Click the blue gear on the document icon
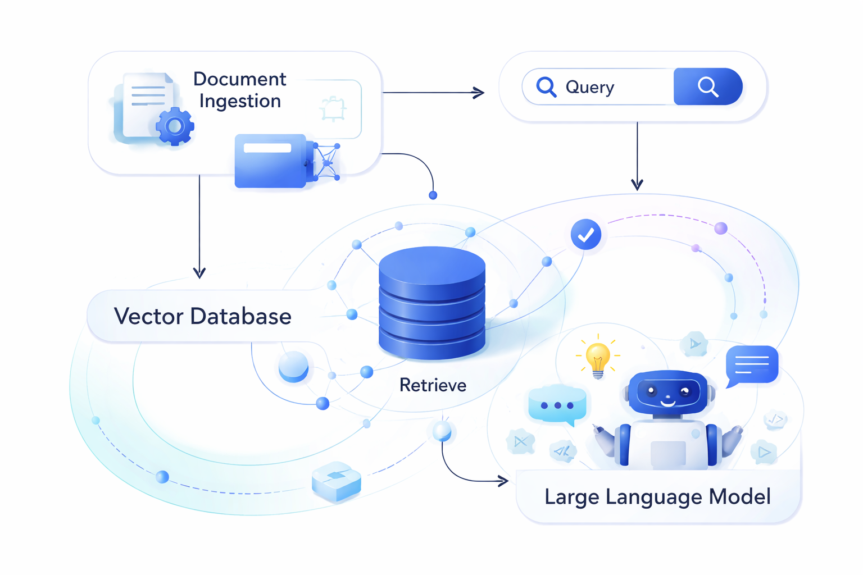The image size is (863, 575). pos(175,127)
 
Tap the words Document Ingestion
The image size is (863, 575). pos(240,90)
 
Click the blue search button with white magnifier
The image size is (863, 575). pos(707,87)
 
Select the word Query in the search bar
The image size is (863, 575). pos(589,88)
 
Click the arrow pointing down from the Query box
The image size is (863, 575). pos(637,157)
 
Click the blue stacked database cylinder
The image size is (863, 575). pos(431,303)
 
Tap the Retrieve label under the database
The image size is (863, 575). pos(433,385)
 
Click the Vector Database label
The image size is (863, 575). pos(202,316)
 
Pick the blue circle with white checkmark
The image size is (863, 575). pos(585,235)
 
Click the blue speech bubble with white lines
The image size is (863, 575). pos(751,365)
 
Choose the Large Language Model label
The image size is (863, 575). pos(657,497)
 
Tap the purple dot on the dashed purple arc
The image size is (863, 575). pos(721,228)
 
